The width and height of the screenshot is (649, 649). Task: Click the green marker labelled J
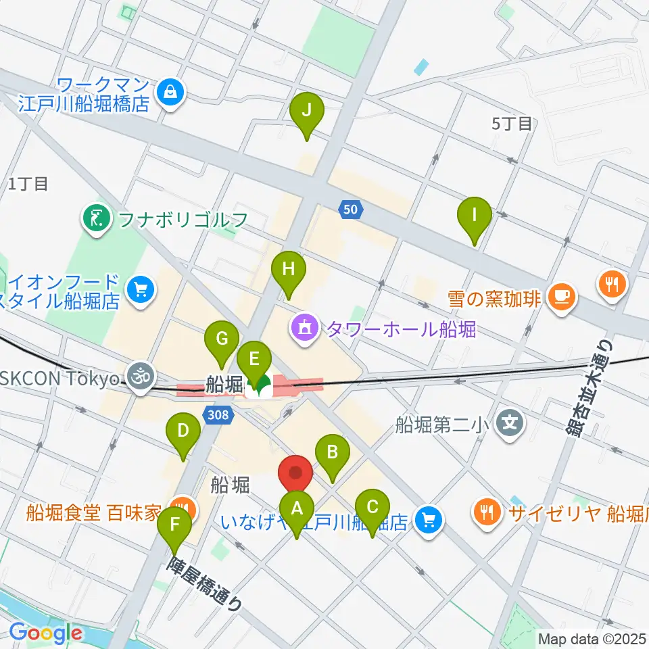[307, 110]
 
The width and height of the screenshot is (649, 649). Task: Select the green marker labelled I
[475, 216]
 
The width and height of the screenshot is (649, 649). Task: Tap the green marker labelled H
[289, 270]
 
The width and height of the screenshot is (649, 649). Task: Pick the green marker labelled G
[222, 337]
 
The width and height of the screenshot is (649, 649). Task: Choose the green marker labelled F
[174, 524]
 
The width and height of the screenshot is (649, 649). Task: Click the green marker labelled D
[183, 431]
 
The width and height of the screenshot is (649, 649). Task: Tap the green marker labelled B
[333, 452]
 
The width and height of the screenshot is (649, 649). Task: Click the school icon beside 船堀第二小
[510, 424]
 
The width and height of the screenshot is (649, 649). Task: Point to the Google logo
[45, 633]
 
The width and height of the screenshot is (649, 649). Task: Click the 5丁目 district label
[512, 124]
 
